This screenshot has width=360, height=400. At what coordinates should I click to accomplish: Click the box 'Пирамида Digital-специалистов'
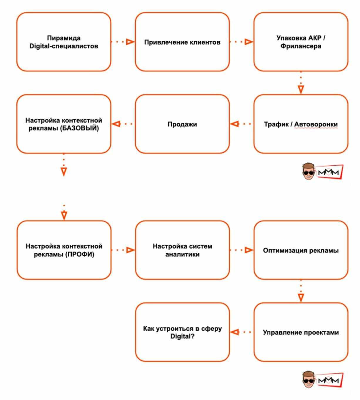click(64, 42)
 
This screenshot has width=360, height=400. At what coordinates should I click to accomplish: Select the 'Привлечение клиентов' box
click(182, 42)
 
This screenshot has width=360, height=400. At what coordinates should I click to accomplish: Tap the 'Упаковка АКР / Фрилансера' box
click(301, 42)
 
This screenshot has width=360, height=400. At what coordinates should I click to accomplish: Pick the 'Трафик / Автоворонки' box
click(301, 124)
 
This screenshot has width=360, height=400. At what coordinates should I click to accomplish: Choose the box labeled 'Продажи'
click(182, 124)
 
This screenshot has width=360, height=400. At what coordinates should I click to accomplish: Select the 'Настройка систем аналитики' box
click(182, 250)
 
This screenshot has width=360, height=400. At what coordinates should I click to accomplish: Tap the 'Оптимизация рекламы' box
click(301, 250)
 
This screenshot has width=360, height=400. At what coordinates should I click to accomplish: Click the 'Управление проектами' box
click(301, 332)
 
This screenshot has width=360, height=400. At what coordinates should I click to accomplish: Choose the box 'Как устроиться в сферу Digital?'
click(182, 332)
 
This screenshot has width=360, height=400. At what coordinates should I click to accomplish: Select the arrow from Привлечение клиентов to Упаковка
click(241, 42)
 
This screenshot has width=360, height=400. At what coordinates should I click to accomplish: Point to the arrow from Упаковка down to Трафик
click(301, 83)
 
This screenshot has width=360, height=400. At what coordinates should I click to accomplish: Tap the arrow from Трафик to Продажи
click(241, 124)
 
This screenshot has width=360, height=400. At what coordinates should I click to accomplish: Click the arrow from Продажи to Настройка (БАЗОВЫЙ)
click(123, 124)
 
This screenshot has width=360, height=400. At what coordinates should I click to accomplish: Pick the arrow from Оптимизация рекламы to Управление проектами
click(301, 292)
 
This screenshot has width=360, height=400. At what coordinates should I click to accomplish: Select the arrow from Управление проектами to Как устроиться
click(241, 332)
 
